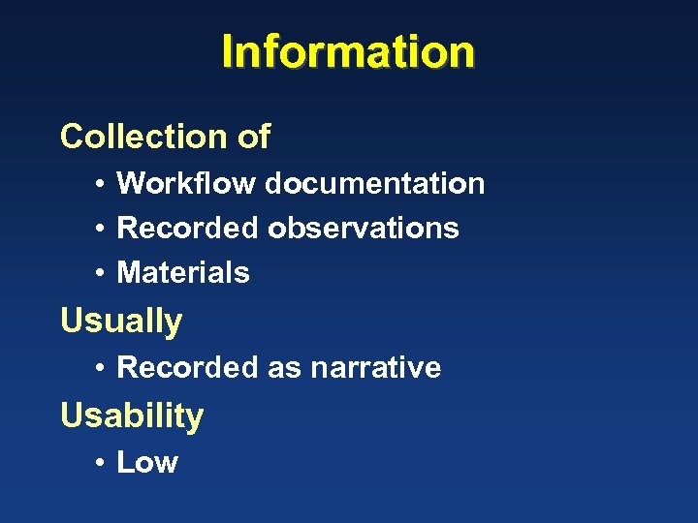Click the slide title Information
(x=348, y=51)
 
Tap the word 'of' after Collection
(x=254, y=137)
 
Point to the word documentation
(x=375, y=183)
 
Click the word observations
(x=364, y=228)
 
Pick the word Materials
(x=183, y=273)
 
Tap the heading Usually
(x=121, y=321)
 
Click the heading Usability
(x=132, y=415)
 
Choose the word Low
(x=147, y=462)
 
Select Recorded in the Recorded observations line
(x=188, y=228)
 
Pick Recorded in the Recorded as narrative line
(x=188, y=367)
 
